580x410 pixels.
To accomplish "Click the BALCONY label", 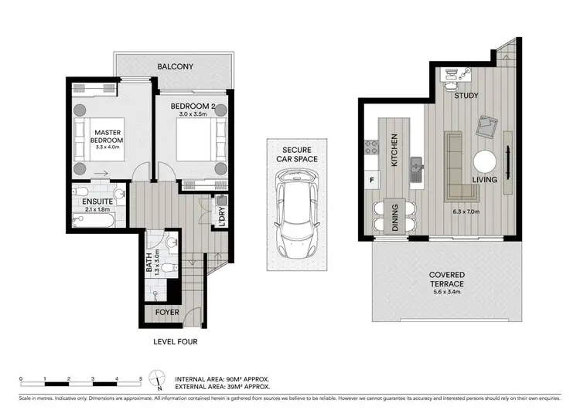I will (176, 66).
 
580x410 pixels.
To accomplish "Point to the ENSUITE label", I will (98, 202).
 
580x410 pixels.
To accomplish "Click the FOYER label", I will (167, 313).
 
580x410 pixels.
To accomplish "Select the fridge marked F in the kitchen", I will (372, 180).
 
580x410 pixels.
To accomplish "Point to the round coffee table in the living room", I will (486, 161).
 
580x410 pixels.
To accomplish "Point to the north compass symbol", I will (159, 380).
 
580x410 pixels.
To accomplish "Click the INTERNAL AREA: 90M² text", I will (223, 378).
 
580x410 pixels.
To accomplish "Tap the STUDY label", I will (466, 96).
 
